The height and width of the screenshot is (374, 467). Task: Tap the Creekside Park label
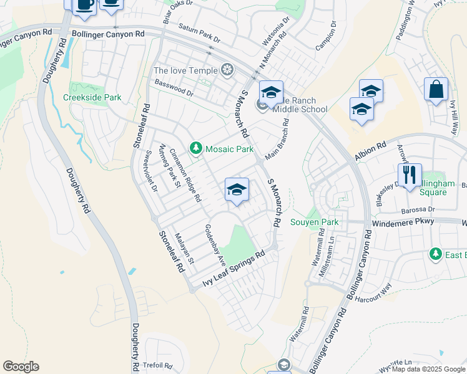[x=92, y=97]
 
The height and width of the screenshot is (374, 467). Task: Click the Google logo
[x=21, y=367]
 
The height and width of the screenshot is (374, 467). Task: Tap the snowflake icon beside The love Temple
[x=227, y=69]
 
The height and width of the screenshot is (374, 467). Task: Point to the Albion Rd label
[x=371, y=151]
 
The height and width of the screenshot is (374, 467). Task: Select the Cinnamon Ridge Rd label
[x=185, y=177]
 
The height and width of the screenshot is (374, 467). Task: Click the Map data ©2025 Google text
[x=428, y=369]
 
